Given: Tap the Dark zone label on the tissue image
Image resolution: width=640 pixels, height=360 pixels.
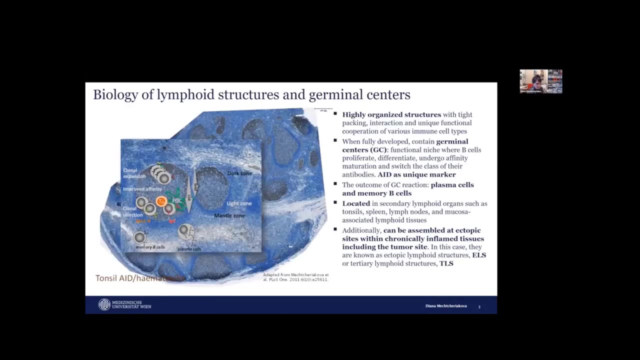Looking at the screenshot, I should (239, 173).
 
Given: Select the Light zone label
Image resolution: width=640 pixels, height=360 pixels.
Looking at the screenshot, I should (239, 203).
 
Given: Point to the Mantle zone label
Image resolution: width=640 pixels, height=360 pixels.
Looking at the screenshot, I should (229, 215).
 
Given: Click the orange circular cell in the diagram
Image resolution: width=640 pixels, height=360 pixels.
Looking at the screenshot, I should (161, 201).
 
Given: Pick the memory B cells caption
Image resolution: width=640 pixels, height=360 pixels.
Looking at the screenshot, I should (150, 247).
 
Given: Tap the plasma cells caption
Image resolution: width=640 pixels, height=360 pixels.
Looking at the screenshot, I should (189, 248).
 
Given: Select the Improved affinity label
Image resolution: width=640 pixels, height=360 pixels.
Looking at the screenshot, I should (142, 189).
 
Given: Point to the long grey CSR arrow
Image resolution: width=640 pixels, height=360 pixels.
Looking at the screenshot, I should (189, 190).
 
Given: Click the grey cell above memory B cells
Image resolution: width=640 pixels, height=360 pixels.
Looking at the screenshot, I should (139, 237).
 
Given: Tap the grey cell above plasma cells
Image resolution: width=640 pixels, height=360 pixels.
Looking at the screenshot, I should (185, 230).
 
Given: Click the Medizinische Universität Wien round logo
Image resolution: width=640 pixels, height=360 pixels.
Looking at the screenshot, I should (104, 304).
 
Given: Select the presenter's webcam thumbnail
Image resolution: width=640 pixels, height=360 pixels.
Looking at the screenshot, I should (540, 81).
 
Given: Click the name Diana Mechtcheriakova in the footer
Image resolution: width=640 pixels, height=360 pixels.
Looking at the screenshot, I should (446, 306).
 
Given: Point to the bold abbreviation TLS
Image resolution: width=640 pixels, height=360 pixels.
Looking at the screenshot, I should (446, 263).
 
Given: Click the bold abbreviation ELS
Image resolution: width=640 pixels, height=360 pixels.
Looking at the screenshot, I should (479, 255).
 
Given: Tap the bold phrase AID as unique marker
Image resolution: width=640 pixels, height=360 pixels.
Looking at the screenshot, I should (416, 174).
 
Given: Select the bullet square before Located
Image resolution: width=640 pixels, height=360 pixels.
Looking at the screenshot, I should (335, 202).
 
